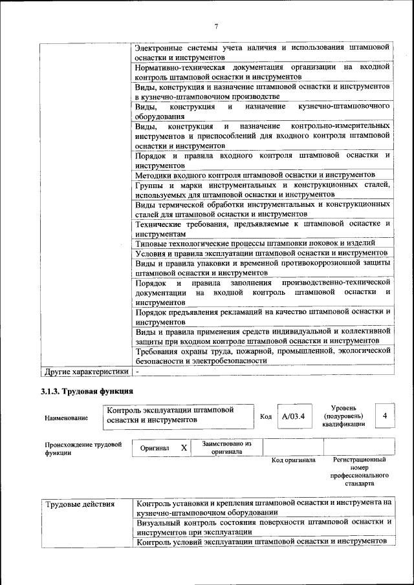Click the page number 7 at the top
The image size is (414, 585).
(217, 26)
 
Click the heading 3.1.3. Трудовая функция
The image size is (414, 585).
(87, 391)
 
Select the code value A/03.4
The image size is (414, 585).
(293, 417)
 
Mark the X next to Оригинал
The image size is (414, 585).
(184, 447)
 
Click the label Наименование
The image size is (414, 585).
(67, 418)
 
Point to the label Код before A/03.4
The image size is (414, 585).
(265, 417)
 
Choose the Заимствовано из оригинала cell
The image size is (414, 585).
(226, 447)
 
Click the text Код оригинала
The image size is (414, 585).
(293, 460)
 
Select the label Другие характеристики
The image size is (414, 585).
(85, 372)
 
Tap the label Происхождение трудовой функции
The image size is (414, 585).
(83, 449)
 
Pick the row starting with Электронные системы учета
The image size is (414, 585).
(262, 52)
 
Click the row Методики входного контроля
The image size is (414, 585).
(256, 175)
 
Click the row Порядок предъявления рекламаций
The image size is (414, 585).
(262, 316)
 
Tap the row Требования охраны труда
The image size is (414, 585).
(262, 356)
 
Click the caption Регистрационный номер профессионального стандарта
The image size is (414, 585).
(359, 471)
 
